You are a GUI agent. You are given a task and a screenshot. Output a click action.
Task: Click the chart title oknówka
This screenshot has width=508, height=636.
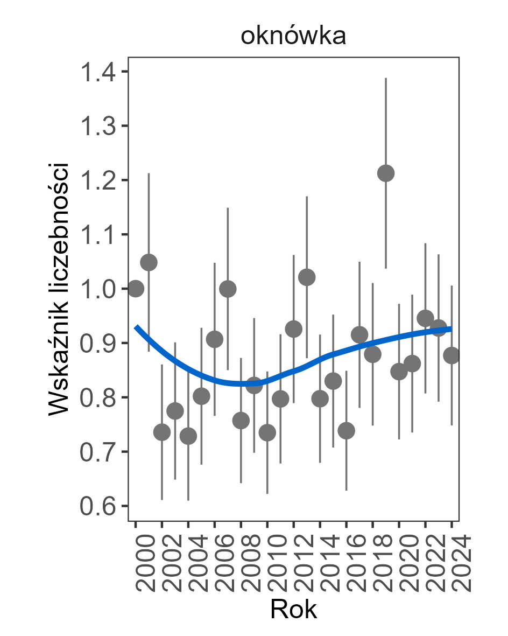point(293,37)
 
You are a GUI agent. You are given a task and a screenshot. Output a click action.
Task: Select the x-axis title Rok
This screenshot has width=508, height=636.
point(293,610)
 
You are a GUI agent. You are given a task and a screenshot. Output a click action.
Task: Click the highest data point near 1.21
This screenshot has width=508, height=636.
point(386,173)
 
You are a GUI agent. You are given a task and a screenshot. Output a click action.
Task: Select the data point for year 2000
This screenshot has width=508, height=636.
point(136,289)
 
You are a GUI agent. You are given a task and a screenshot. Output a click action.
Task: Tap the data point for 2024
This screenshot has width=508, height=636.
point(451,355)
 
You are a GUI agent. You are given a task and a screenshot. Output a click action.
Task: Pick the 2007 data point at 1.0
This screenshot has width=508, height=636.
point(228,289)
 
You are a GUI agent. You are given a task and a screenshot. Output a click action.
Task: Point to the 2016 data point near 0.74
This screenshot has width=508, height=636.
point(346,431)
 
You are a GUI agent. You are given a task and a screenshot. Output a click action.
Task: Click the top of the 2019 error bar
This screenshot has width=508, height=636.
point(386,79)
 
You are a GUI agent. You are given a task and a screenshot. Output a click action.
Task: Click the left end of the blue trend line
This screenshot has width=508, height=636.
point(136,327)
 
